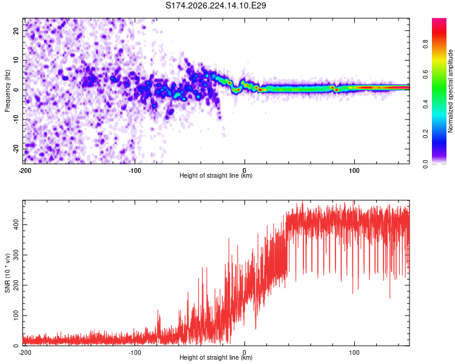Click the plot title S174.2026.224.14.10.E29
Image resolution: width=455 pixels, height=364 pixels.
(215, 5)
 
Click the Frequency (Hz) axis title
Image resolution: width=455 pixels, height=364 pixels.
(7, 90)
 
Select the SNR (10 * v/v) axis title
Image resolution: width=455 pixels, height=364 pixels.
(7, 273)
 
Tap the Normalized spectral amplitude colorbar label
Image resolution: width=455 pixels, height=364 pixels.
(450, 91)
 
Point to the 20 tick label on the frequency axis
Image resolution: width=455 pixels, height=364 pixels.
(16, 31)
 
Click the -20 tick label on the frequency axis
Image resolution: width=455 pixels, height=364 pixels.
(16, 149)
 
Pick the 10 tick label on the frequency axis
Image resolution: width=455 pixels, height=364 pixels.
(16, 60)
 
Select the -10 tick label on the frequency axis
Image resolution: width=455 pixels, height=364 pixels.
(16, 120)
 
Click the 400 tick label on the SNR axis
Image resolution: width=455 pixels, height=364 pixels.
(16, 224)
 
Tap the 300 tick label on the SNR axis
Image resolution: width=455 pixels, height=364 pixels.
(16, 255)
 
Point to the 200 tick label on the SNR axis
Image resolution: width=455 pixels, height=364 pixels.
(16, 285)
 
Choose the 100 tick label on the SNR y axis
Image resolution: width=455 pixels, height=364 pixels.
(16, 315)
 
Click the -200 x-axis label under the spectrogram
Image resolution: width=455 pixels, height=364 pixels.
(25, 170)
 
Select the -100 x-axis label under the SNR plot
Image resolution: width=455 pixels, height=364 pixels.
(135, 352)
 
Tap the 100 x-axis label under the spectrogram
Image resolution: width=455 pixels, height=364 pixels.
(354, 170)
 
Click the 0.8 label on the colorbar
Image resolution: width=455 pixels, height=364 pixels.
(425, 44)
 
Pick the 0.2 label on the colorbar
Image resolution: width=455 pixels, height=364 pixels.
(425, 134)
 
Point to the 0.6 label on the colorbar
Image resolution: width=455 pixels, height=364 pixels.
(425, 74)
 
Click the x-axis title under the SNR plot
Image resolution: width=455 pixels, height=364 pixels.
(216, 357)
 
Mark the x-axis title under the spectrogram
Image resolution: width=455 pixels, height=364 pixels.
(216, 175)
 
